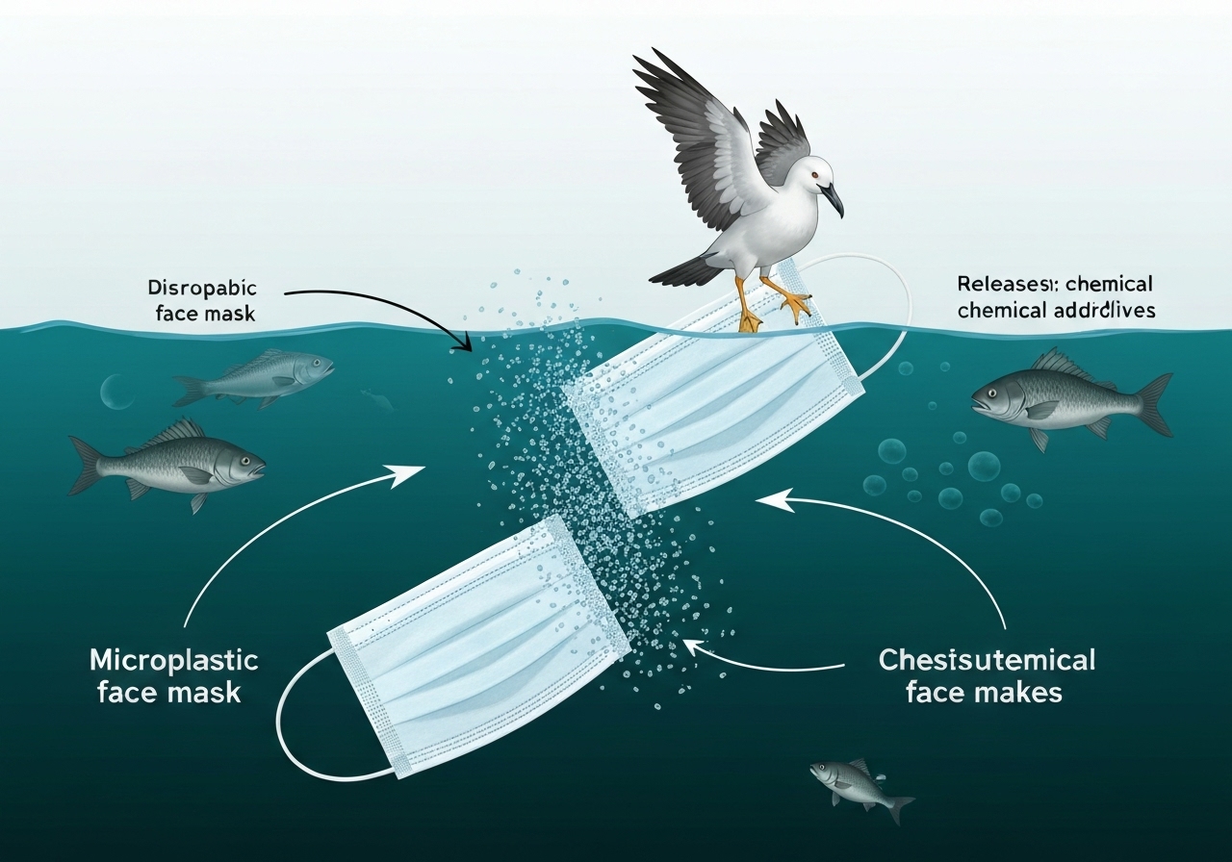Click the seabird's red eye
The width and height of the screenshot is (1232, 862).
tap(815, 174)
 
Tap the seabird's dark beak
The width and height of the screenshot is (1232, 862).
tap(834, 197)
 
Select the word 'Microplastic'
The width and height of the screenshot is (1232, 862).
tap(173, 661)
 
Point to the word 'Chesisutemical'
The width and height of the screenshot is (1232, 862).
tap(987, 661)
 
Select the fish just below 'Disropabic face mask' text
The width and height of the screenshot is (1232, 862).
tap(255, 378)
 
